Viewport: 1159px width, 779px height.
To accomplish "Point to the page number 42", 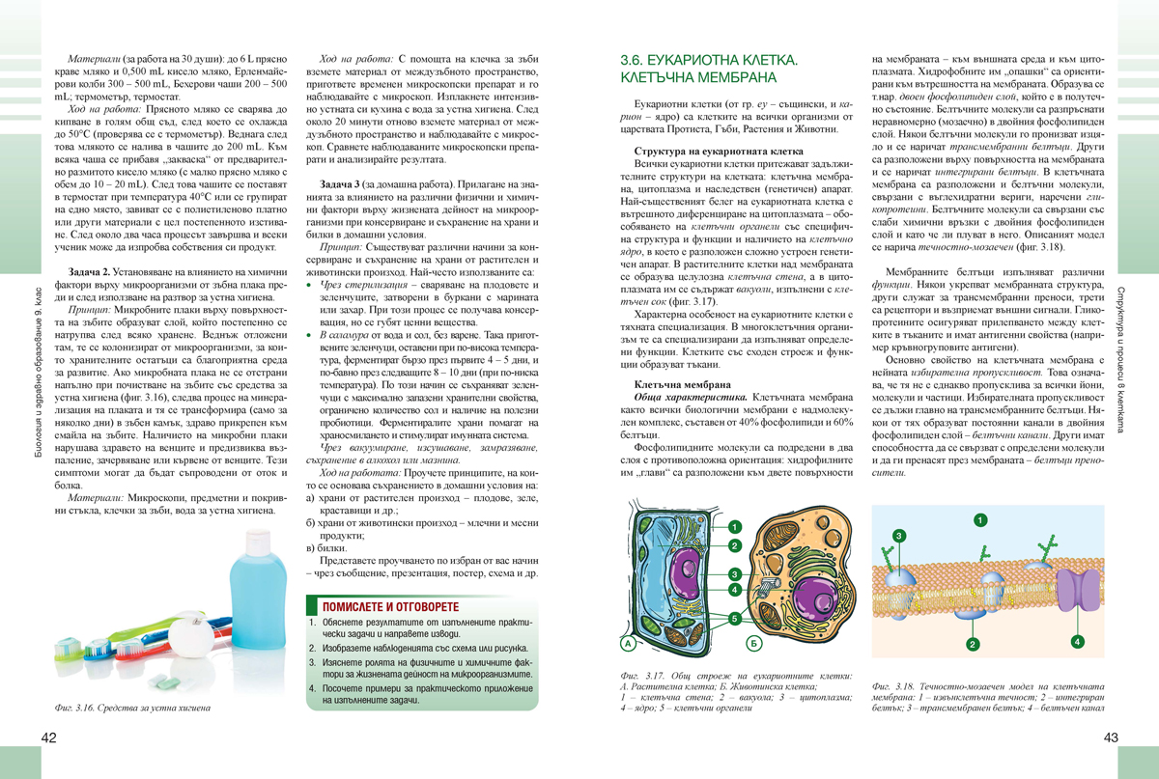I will pyautogui.click(x=50, y=738).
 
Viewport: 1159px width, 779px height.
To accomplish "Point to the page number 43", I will pyautogui.click(x=1108, y=738).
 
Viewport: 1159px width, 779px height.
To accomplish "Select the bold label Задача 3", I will pyautogui.click(x=344, y=183).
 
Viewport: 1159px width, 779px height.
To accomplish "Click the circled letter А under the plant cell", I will pyautogui.click(x=628, y=642).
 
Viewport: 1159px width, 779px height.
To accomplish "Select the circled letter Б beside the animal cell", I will pyautogui.click(x=754, y=642).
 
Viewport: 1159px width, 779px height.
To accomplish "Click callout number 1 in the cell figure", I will pyautogui.click(x=735, y=526).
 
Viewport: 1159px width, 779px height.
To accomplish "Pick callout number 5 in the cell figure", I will pyautogui.click(x=735, y=617).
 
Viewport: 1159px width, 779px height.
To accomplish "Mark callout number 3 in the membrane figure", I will pyautogui.click(x=899, y=535).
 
